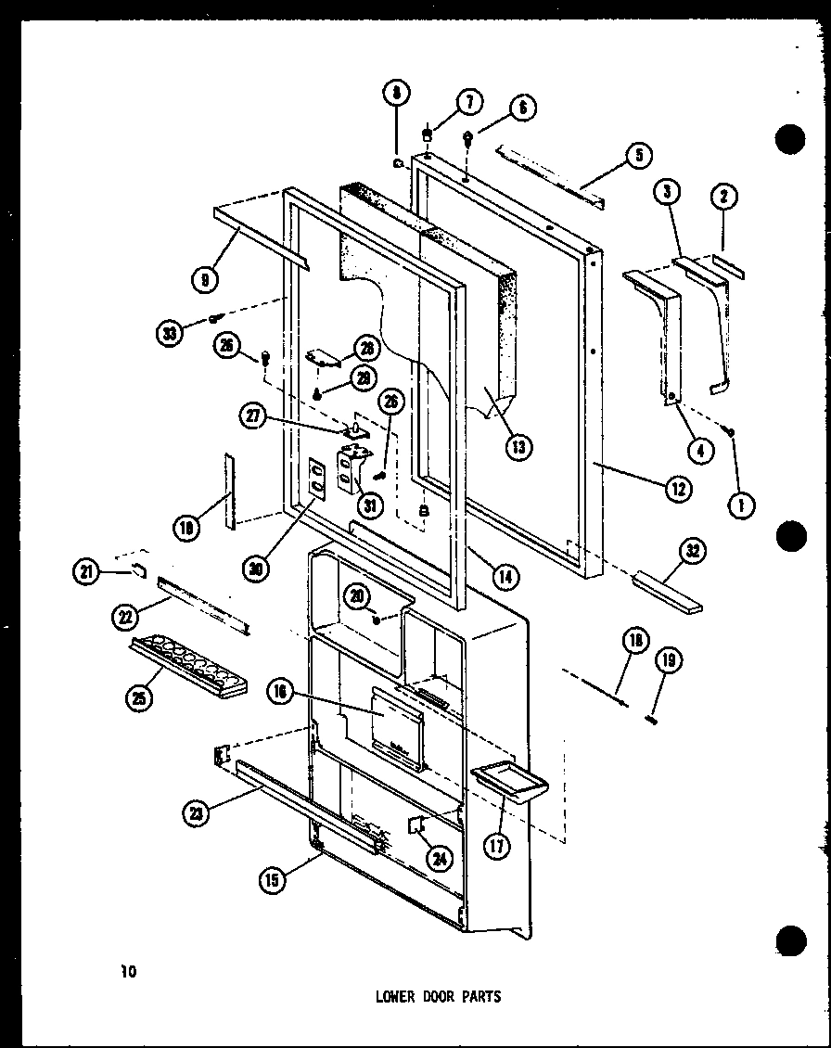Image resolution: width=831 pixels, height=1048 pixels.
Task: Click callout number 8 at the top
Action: pos(395,94)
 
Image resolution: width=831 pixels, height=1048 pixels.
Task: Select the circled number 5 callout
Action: pos(638,156)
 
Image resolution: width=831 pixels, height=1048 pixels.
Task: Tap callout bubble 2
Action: pos(723,195)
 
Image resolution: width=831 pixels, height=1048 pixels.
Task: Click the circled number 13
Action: pos(518,447)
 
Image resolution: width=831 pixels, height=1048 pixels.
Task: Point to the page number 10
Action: pos(127,973)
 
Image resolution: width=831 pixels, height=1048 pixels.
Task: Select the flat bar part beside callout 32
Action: pos(667,594)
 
